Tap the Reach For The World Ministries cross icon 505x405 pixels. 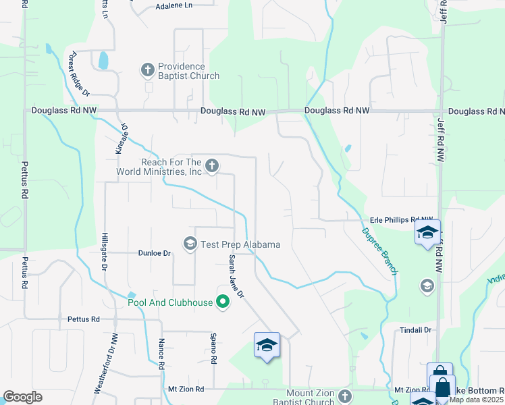211,165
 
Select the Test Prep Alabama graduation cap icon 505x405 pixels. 190,243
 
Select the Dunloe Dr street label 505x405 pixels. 155,253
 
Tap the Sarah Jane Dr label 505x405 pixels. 236,275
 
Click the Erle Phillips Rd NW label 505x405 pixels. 401,219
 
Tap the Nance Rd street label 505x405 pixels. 161,354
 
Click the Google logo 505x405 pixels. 23,397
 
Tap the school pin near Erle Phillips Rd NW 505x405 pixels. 427,234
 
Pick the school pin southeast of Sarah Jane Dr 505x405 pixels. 267,346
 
